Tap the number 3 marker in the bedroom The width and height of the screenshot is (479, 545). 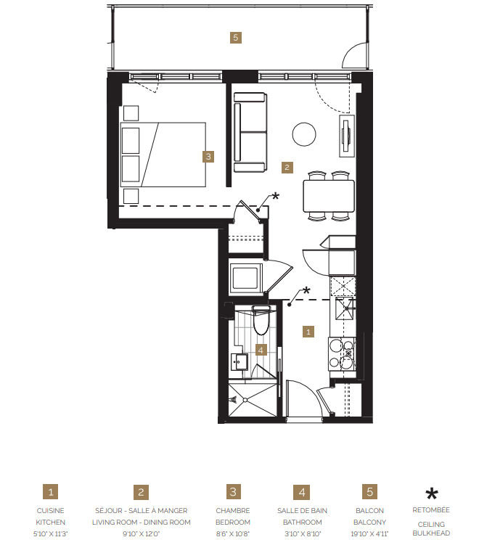(x=208, y=155)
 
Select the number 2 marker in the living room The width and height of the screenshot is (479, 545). (x=287, y=167)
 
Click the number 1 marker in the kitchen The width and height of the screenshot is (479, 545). (x=308, y=331)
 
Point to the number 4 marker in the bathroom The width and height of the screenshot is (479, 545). (x=261, y=349)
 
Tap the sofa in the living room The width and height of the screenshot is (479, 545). (x=250, y=132)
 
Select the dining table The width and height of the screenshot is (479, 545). (x=328, y=195)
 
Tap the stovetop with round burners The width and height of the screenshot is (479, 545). (x=342, y=355)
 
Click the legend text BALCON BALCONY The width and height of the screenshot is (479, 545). (x=370, y=516)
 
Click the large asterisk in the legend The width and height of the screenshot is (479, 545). (x=431, y=494)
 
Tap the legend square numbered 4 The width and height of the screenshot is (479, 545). (x=302, y=493)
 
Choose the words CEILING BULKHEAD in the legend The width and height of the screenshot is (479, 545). (x=431, y=528)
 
